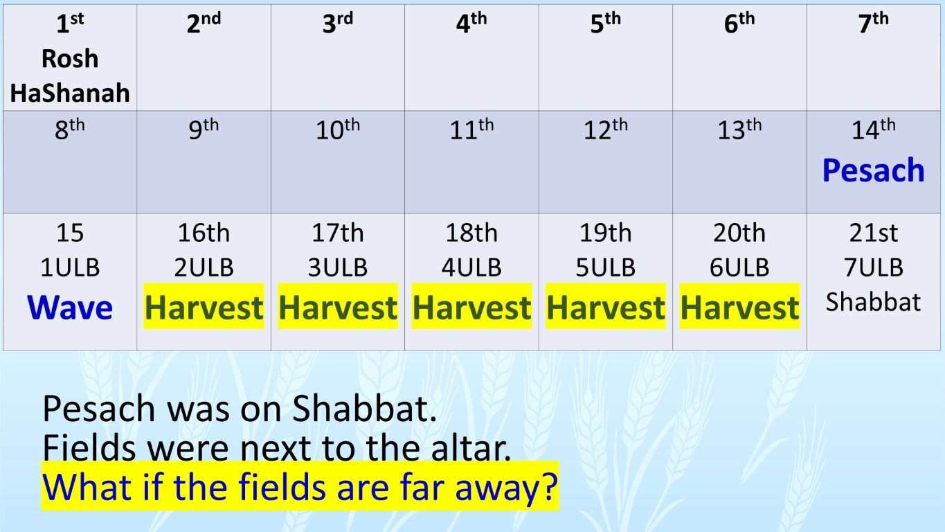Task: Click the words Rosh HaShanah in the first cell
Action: pos(70,76)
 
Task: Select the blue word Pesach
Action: pos(873,170)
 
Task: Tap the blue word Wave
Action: pos(70,307)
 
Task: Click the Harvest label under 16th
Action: pos(204,307)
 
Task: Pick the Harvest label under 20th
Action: pos(739,307)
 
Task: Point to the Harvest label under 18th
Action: pos(471,307)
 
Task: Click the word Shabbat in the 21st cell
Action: pos(873,302)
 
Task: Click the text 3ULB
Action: pos(338,267)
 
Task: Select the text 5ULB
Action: pos(605,267)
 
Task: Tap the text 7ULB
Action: pos(873,267)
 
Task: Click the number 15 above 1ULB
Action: pos(70,233)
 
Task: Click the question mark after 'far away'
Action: pos(548,488)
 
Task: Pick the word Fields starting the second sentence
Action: pos(89,449)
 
